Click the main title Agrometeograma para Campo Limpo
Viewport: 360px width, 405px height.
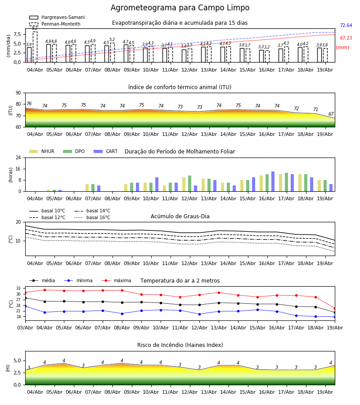pyautogui.click(x=180, y=8)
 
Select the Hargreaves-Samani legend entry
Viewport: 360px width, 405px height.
pyautogui.click(x=57, y=17)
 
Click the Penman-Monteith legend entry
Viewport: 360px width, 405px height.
pyautogui.click(x=55, y=24)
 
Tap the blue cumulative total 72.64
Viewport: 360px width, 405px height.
pyautogui.click(x=346, y=25)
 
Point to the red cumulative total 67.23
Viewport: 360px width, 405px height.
pyautogui.click(x=346, y=38)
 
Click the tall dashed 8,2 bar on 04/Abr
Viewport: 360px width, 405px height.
pyautogui.click(x=35, y=47)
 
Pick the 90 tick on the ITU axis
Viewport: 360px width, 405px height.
pyautogui.click(x=18, y=93)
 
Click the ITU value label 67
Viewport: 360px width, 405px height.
pyautogui.click(x=331, y=114)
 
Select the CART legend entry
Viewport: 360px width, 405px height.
pyautogui.click(x=106, y=151)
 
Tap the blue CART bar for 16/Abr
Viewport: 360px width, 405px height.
pyautogui.click(x=273, y=181)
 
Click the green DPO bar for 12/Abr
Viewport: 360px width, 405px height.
pyautogui.click(x=189, y=184)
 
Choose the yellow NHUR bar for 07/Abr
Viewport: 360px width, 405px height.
pyautogui.click(x=87, y=188)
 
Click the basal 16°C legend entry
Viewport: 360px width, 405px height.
pyautogui.click(x=92, y=217)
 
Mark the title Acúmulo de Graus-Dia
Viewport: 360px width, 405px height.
pyautogui.click(x=180, y=216)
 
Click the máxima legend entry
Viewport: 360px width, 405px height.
pyautogui.click(x=116, y=280)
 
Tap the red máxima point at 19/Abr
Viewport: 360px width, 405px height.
pyautogui.click(x=335, y=308)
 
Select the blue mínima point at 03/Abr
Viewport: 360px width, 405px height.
pyautogui.click(x=25, y=306)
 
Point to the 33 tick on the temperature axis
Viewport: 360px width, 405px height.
pyautogui.click(x=18, y=288)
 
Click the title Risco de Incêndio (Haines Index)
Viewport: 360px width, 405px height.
pyautogui.click(x=180, y=345)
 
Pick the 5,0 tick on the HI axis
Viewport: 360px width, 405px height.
pyautogui.click(x=17, y=360)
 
